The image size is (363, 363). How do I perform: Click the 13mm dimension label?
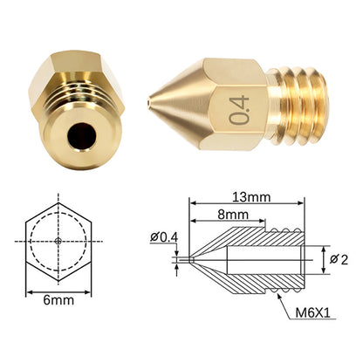(251, 197)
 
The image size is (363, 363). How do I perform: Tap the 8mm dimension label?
(233, 215)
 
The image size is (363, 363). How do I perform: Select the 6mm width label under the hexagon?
(58, 300)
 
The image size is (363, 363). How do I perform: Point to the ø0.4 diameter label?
(164, 237)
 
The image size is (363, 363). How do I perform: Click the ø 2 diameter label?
(339, 259)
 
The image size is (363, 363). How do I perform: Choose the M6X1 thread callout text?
(313, 313)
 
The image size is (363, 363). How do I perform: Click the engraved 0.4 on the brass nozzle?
(239, 110)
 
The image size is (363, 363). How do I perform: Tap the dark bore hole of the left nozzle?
(82, 136)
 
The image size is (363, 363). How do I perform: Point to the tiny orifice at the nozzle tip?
(149, 102)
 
